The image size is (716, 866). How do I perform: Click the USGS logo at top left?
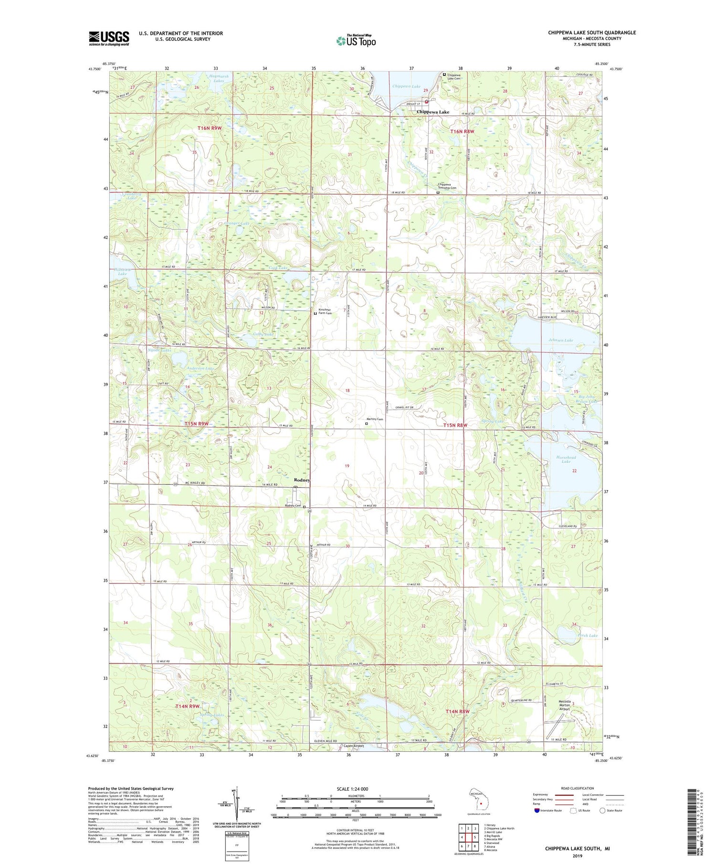coord(109,38)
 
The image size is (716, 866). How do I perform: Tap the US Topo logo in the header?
coord(356,41)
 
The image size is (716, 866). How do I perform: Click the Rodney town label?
coord(302,480)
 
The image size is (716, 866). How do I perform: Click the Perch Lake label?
coord(587,635)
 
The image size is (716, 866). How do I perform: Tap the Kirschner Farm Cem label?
coord(328,311)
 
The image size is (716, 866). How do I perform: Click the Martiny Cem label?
coord(375,419)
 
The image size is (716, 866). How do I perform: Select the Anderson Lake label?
coord(200,368)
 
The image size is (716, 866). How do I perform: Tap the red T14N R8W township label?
coord(457,711)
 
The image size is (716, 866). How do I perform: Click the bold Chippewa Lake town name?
coord(432,112)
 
